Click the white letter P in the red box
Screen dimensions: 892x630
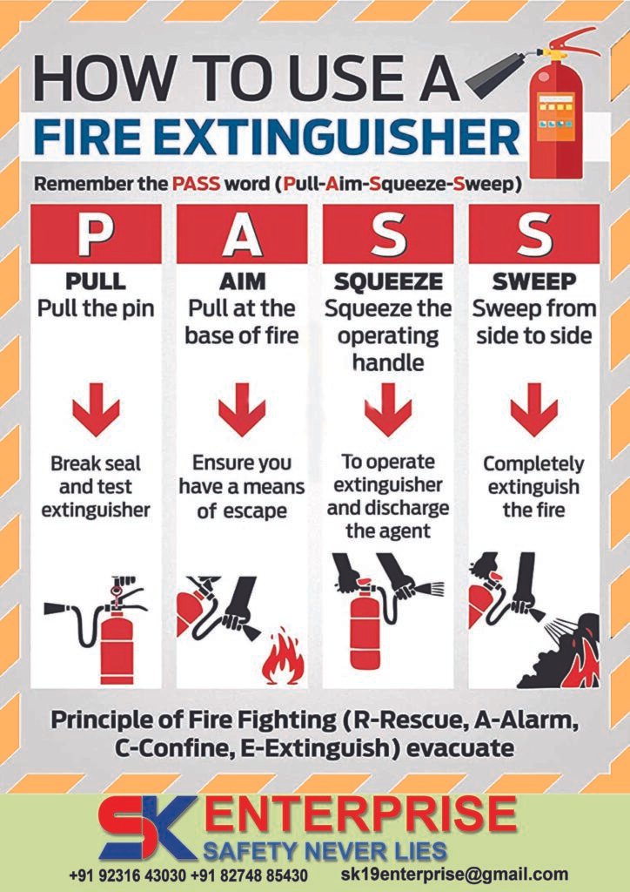(x=96, y=233)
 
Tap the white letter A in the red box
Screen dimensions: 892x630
(x=241, y=233)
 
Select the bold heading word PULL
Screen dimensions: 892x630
(x=96, y=282)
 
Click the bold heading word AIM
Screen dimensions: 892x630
(x=241, y=282)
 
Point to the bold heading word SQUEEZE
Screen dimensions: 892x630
(x=388, y=282)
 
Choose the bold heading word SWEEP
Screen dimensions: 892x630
(x=534, y=282)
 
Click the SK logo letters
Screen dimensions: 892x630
(x=145, y=826)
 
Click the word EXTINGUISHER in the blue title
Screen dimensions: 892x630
(x=347, y=138)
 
